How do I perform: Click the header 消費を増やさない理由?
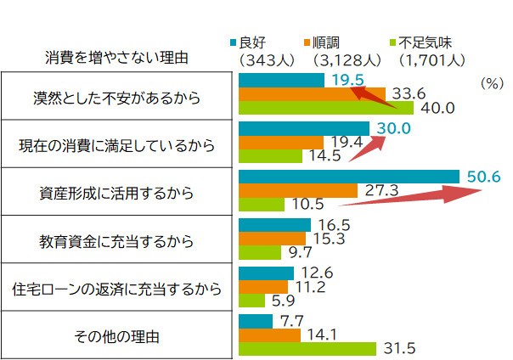point(116,58)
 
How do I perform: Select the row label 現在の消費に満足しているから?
point(116,145)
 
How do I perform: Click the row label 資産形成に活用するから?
point(116,193)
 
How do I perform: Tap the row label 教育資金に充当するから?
point(116,240)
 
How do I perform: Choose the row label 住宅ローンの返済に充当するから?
point(116,289)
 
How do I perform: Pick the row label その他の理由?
point(116,336)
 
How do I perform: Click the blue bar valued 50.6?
point(351,177)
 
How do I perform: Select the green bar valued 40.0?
point(326,108)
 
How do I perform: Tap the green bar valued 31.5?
point(307,348)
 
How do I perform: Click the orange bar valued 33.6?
point(312,93)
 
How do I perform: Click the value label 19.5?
point(348,80)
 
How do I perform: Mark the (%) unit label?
point(493,83)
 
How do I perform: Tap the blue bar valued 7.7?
point(256,321)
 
